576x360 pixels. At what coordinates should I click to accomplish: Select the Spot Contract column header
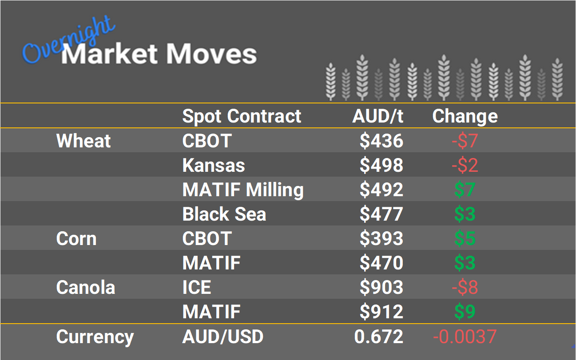click(242, 116)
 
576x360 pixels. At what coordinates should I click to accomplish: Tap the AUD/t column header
click(377, 116)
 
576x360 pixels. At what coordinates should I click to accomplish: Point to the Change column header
click(465, 116)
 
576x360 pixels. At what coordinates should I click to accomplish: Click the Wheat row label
click(83, 141)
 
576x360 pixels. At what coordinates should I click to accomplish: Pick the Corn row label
click(76, 239)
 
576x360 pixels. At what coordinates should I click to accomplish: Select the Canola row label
click(85, 288)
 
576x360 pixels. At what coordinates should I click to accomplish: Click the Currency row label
click(95, 337)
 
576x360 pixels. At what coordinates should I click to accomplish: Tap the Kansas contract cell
click(214, 166)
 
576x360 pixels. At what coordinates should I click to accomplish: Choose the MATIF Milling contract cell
click(243, 190)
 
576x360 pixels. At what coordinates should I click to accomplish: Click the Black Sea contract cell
click(224, 214)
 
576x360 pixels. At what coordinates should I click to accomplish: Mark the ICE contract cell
click(197, 288)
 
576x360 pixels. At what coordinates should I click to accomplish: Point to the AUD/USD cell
click(222, 337)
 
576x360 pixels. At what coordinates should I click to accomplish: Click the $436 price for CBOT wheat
click(381, 141)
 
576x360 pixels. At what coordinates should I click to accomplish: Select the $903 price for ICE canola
click(381, 288)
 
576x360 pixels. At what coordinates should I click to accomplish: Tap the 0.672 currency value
click(378, 337)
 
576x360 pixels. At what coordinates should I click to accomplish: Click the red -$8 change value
click(465, 288)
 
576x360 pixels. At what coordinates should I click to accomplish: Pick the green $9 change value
click(465, 312)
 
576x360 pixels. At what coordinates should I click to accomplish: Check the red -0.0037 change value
click(465, 337)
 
